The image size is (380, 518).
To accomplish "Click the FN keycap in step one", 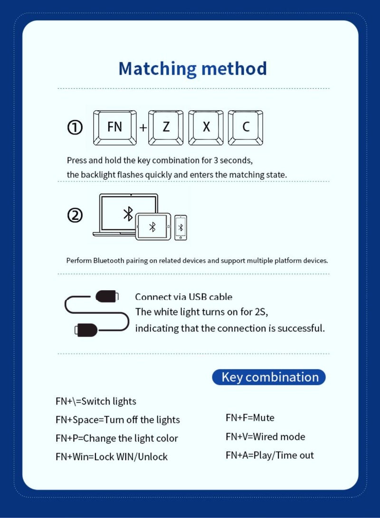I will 115,127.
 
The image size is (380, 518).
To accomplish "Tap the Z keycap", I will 166,127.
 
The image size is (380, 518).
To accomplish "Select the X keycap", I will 206,127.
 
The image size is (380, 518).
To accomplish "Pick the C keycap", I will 246,127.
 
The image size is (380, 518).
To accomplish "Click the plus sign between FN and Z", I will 143,128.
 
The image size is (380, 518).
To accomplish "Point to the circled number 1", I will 75,127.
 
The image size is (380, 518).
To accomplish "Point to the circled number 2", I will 75,216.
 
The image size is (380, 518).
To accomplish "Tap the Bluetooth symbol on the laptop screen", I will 128,213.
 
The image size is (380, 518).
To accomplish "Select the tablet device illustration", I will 153,227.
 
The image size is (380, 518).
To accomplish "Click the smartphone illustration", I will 180,228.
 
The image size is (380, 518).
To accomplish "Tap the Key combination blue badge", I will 269,377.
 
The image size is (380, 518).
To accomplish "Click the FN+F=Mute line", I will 250,418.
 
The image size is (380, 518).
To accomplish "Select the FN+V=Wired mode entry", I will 265,437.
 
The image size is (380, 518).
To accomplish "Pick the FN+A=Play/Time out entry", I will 269,455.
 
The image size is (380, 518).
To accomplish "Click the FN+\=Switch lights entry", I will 95,401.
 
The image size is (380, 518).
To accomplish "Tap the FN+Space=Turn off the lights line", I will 117,420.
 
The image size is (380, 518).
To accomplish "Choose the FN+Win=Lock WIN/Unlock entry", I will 111,457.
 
